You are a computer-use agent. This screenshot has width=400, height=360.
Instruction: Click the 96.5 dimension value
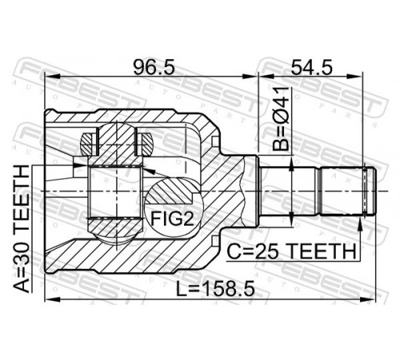(154, 67)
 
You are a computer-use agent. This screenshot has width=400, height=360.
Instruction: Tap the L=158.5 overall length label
(215, 290)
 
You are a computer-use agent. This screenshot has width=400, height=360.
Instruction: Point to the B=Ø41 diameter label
(281, 118)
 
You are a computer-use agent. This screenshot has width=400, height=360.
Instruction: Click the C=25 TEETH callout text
(291, 251)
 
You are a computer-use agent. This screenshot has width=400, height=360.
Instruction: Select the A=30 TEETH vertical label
(22, 229)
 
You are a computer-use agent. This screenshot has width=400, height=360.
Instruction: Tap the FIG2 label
(172, 218)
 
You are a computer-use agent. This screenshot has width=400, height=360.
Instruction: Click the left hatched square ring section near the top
(88, 144)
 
